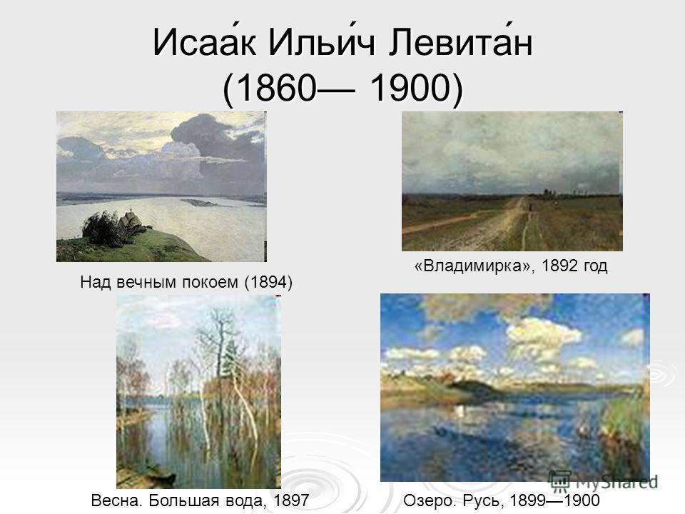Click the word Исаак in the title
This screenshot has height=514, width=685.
tap(205, 42)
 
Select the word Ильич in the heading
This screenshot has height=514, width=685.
tap(322, 42)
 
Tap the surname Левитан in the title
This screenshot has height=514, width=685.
tap(460, 42)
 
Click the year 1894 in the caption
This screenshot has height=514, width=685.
tap(268, 282)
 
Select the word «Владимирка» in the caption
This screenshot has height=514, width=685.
tap(475, 266)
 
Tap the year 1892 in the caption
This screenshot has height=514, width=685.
tap(560, 266)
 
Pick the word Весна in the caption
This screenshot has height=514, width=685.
tap(116, 500)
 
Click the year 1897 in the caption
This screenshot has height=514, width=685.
tap(291, 500)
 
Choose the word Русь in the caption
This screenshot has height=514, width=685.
tap(485, 500)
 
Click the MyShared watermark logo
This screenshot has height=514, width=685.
tap(604, 481)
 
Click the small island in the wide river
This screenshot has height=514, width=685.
tap(199, 202)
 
